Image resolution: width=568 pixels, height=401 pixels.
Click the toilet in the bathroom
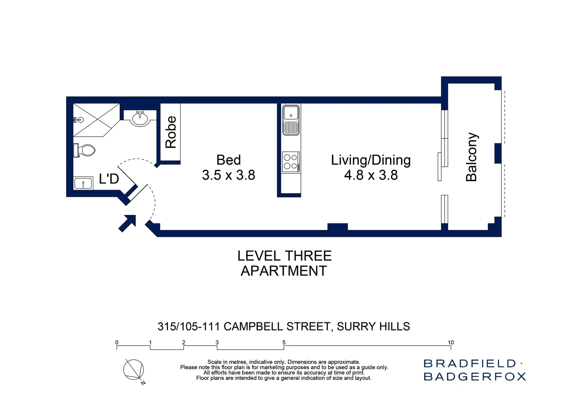(x=86, y=150)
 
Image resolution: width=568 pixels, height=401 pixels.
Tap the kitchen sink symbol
(x=291, y=120)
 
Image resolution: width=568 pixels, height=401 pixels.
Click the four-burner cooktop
(x=291, y=162)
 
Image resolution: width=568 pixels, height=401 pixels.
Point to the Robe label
(x=171, y=132)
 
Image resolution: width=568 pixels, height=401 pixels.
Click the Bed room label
(x=228, y=160)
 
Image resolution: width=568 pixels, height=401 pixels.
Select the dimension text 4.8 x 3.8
(x=371, y=175)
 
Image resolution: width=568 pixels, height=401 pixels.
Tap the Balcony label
(x=471, y=157)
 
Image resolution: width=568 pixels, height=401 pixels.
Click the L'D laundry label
(x=109, y=179)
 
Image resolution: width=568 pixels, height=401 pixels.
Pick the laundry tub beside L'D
(x=83, y=183)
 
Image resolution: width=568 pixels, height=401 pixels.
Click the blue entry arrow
(x=127, y=223)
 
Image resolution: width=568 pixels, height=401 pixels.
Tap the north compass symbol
(x=134, y=370)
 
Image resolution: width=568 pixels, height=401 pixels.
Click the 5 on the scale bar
(x=284, y=342)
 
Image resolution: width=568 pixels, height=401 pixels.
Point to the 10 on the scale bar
(x=450, y=342)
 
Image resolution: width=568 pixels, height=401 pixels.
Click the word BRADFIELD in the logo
(x=470, y=363)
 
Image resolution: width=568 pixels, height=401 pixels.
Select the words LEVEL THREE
(x=284, y=256)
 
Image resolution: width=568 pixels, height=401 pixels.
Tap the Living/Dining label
(x=371, y=160)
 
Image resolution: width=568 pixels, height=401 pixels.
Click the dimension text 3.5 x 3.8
(x=228, y=175)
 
